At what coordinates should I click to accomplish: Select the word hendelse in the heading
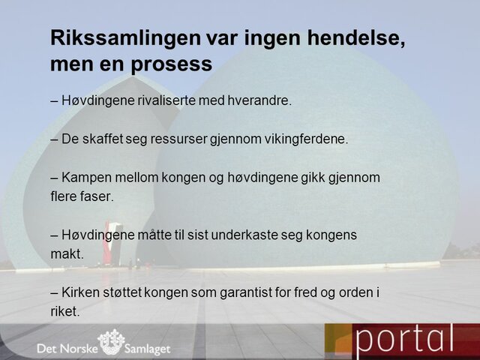[x=352, y=39]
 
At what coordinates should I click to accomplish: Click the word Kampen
[x=87, y=178]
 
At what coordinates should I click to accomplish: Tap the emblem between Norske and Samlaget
[x=112, y=342]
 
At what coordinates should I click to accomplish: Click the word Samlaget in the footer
[x=148, y=347]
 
